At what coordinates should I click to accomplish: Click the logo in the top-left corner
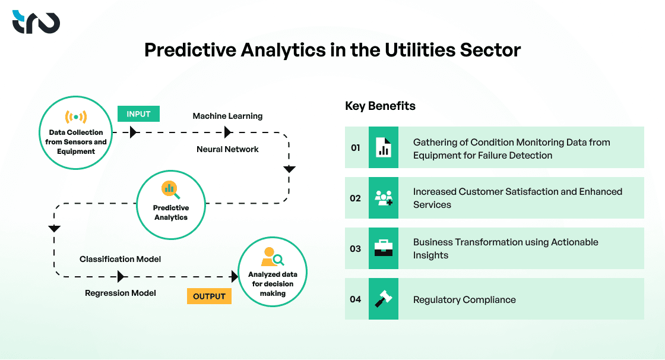click(36, 22)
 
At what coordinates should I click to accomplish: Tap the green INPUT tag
click(138, 114)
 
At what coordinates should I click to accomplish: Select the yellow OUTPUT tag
click(209, 296)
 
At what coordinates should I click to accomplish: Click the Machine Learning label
click(227, 116)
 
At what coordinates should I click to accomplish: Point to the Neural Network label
click(227, 149)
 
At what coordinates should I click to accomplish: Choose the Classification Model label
click(121, 259)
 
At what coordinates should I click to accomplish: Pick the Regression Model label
click(121, 293)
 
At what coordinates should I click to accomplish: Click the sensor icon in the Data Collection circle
click(76, 116)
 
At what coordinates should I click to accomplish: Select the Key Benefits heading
click(380, 106)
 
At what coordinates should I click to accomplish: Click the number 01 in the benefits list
click(355, 147)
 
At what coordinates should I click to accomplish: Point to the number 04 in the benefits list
click(355, 299)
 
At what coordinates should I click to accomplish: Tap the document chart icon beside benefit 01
click(384, 147)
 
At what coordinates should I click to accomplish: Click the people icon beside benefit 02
click(384, 198)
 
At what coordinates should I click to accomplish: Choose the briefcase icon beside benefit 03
click(384, 248)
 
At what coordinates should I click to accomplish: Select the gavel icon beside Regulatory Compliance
click(384, 299)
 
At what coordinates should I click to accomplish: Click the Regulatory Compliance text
click(464, 299)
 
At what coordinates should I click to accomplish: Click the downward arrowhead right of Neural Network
click(289, 169)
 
